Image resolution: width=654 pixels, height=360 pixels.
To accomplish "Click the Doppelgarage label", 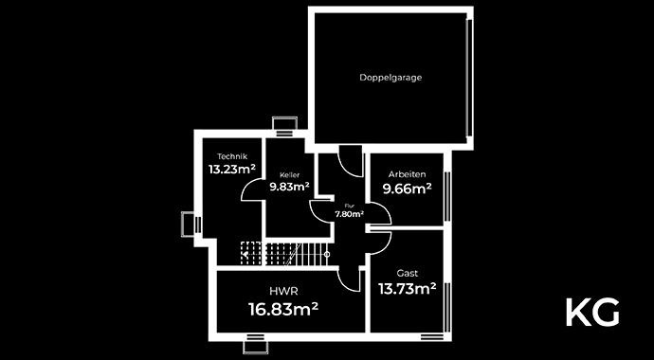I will point(391,78).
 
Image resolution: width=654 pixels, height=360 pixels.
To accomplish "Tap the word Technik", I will point(232,156).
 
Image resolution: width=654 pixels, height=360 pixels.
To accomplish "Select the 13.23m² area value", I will point(232,171).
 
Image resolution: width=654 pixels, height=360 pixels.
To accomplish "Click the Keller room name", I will point(289,175).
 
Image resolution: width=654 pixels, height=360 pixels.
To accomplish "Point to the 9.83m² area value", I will point(289,187).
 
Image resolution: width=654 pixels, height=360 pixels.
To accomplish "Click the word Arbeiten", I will point(407,175).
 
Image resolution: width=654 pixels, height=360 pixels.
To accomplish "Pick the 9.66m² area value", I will point(407,189).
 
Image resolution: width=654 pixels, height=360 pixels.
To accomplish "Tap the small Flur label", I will point(349,205).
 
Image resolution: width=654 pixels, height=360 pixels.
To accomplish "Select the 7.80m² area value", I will point(349,214).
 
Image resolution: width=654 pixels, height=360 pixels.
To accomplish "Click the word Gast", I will point(407,272).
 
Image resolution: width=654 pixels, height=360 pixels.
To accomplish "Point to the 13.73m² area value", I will point(407,288).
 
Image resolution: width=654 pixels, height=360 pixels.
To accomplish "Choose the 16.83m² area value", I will point(282,309).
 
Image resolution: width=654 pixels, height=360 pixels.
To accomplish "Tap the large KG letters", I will point(592,312).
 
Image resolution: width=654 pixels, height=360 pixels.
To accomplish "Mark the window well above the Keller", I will point(283,123).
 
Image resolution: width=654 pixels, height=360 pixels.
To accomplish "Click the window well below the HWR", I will point(257,345).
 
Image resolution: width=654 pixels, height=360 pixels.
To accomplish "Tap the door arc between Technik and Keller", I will point(253,189).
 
